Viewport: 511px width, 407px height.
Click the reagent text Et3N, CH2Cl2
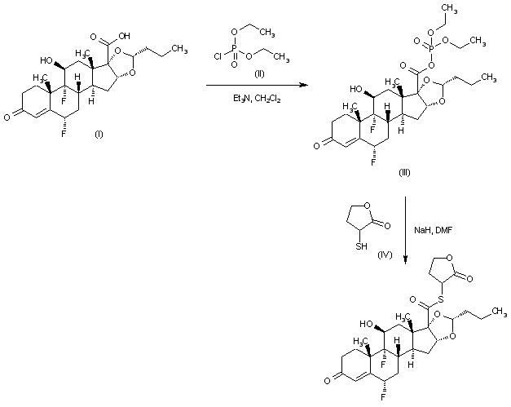pyautogui.click(x=249, y=100)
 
